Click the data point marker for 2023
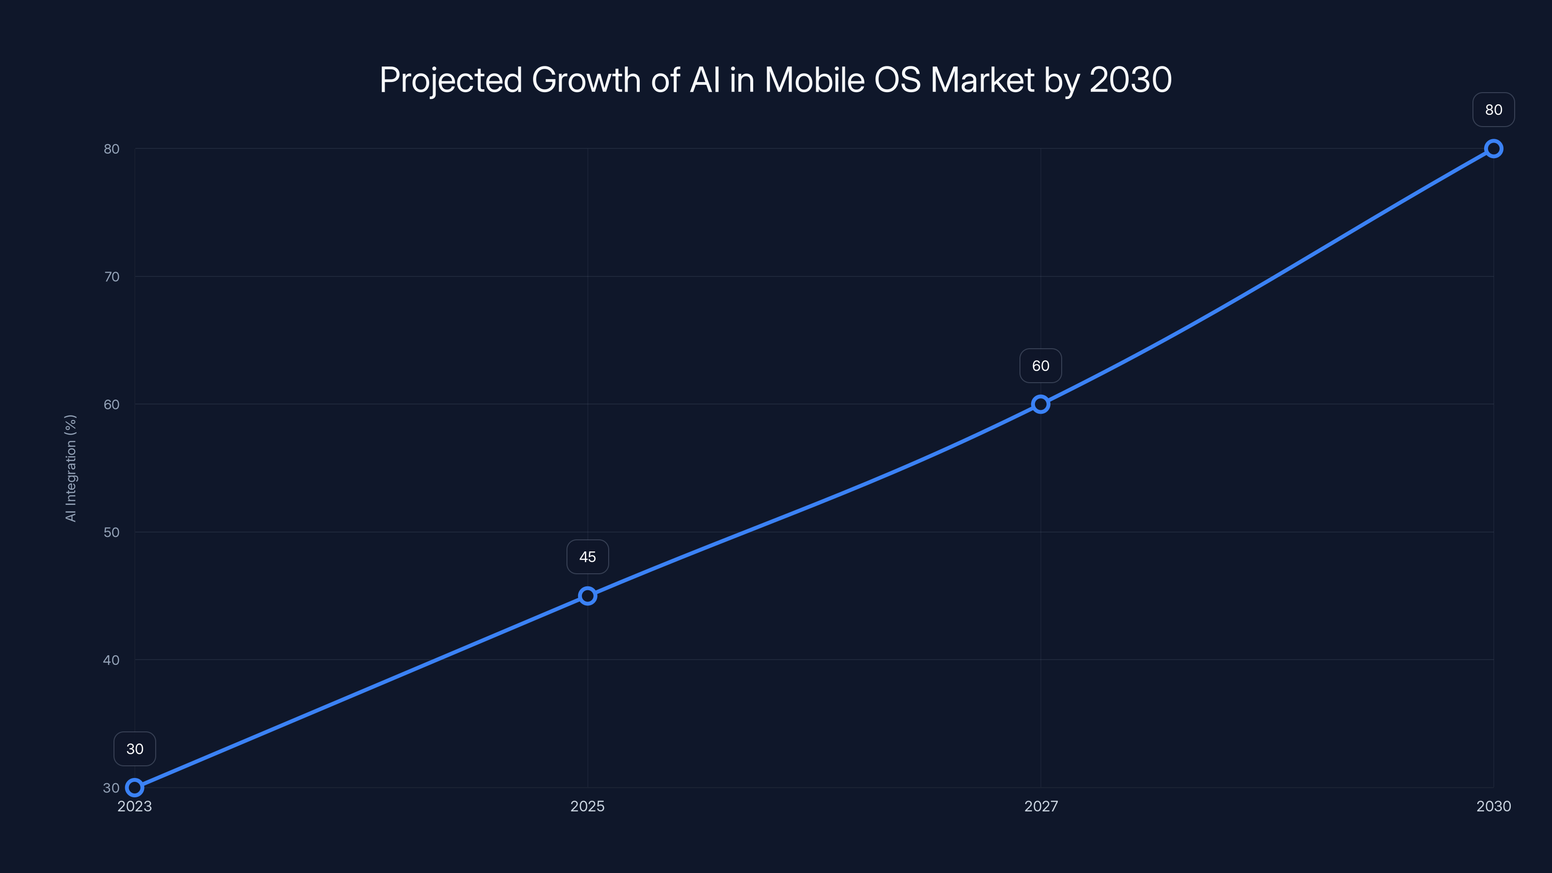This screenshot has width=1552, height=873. pos(134,788)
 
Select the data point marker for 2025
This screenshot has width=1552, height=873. pos(587,596)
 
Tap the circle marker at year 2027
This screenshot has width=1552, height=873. pos(1040,404)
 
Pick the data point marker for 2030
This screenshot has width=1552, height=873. pos(1494,149)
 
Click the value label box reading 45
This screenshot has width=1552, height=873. pos(587,557)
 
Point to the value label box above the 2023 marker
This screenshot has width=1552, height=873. pos(134,749)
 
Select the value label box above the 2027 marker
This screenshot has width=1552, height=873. pos(1040,366)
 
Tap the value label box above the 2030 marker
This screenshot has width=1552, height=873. pos(1494,110)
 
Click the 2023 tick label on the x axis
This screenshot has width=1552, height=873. pos(134,806)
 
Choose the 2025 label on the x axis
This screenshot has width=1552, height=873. pos(587,806)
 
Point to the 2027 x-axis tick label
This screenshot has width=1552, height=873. pos(1040,806)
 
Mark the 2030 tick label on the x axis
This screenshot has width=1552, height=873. pos(1494,806)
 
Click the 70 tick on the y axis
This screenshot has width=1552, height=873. pos(112,276)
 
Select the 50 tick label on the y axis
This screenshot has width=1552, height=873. pos(112,532)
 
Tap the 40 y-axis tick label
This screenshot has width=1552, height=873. pos(112,660)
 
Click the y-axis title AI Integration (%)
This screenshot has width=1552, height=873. pos(71,468)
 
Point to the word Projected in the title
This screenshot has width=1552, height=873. pos(451,80)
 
